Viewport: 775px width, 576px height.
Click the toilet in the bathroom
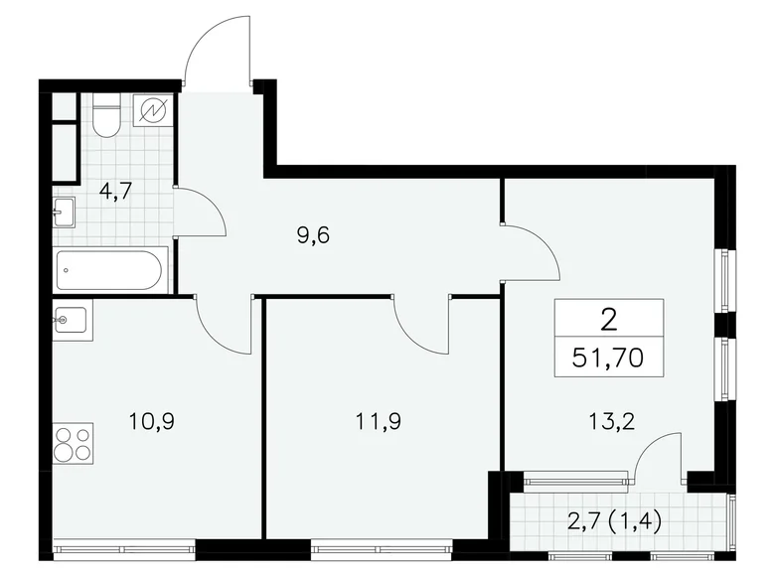[106, 115]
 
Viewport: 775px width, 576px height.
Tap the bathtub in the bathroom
[111, 268]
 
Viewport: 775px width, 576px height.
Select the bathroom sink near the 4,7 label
[65, 212]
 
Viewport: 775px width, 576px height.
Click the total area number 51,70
[609, 357]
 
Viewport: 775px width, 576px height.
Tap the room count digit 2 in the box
[608, 320]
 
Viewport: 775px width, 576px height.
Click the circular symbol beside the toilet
[154, 110]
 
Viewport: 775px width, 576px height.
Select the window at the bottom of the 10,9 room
[124, 545]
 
